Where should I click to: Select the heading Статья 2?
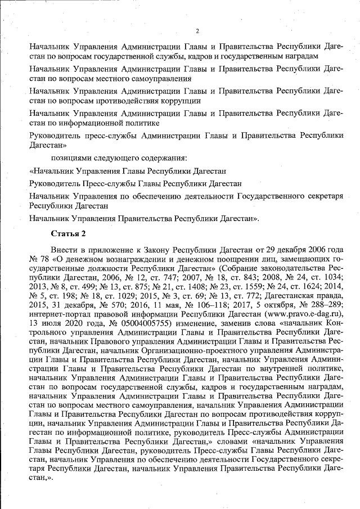pyautogui.click(x=67, y=233)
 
